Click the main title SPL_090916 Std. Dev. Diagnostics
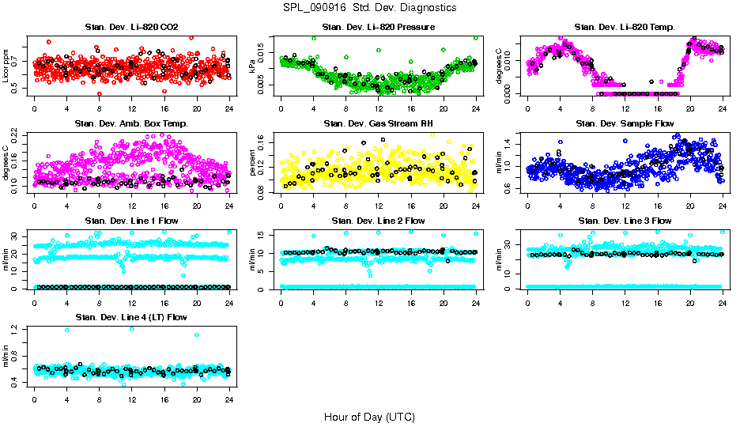(369, 7)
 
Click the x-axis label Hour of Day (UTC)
(369, 416)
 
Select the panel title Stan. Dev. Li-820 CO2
(131, 28)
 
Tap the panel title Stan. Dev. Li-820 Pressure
(378, 28)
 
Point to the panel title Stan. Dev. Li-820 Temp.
(625, 28)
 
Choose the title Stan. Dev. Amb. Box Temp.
(131, 124)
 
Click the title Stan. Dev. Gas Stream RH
(378, 124)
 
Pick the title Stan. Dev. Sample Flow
(625, 124)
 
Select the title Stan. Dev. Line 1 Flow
(131, 221)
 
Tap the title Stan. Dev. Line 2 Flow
(378, 221)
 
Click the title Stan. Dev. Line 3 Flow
(625, 221)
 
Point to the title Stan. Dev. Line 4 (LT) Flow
(131, 317)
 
